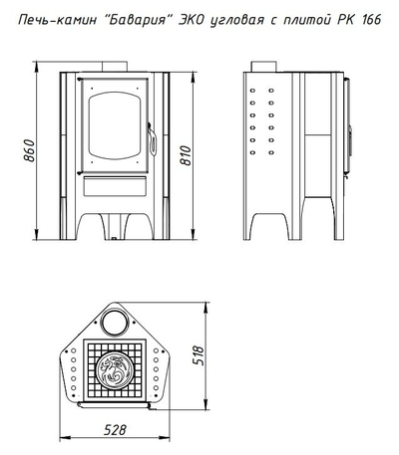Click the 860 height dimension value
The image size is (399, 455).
(x=29, y=150)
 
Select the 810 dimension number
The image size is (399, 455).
(x=186, y=155)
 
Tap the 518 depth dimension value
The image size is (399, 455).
(x=199, y=355)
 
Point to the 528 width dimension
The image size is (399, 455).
(x=115, y=430)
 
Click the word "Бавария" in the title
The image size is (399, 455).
(x=138, y=20)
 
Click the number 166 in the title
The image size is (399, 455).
(x=370, y=20)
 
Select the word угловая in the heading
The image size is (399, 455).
(x=237, y=21)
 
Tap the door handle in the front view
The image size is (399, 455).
(x=152, y=139)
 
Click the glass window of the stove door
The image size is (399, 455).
(x=115, y=125)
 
